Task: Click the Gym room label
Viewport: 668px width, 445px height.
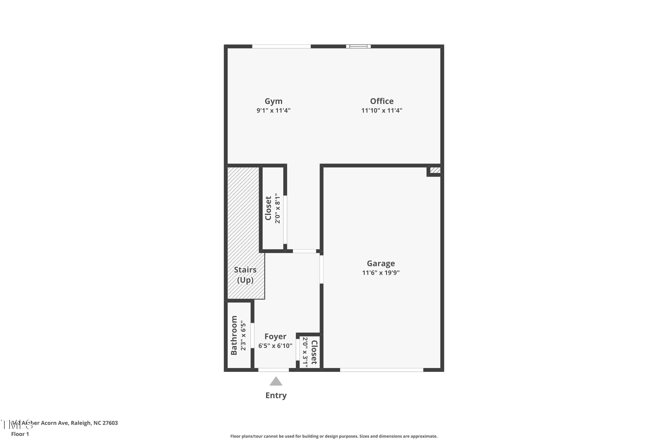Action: pos(273,101)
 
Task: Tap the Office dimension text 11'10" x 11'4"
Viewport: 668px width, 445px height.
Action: pos(381,110)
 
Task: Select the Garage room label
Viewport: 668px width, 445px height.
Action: pos(381,263)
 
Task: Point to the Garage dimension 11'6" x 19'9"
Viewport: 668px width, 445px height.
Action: pos(381,273)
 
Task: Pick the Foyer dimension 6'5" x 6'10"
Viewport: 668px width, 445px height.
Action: pos(275,346)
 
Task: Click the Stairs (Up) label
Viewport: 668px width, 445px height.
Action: pos(245,275)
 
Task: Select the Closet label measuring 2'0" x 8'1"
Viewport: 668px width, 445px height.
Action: pos(268,208)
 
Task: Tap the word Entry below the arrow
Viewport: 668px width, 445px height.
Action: pos(276,395)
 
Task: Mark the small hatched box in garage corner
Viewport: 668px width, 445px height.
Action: pos(435,170)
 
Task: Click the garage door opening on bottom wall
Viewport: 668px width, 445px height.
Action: pos(381,370)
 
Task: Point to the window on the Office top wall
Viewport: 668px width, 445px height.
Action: pos(358,46)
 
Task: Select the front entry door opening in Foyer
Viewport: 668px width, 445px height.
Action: pos(273,370)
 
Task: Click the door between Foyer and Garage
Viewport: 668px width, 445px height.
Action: pos(322,269)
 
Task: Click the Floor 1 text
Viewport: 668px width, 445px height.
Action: pos(20,434)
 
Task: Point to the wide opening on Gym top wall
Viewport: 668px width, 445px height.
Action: pos(281,46)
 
